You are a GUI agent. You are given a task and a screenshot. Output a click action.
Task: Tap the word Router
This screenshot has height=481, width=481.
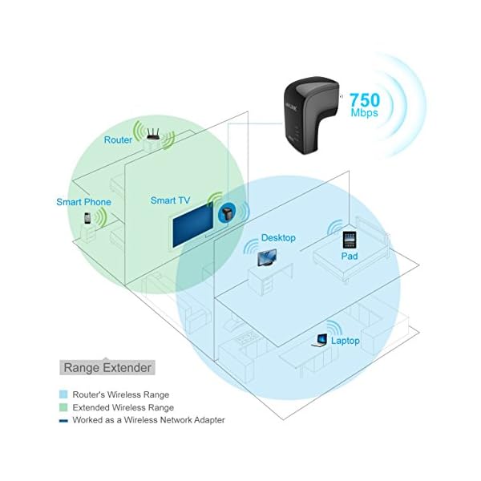pos(118,140)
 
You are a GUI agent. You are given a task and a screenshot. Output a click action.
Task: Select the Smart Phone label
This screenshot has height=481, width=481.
pos(83,203)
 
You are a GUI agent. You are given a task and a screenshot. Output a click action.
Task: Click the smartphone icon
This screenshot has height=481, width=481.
pos(87,219)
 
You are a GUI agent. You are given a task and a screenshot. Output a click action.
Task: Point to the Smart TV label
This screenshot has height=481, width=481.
pos(170,200)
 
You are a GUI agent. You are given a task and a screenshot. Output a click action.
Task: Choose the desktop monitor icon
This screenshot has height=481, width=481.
pos(265,258)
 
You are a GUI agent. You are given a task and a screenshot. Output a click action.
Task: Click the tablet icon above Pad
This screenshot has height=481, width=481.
pos(349,240)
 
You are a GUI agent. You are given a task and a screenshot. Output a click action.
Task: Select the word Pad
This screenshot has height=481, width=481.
pos(349,257)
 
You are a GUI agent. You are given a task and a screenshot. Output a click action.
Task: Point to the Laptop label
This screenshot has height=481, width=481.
pos(346,341)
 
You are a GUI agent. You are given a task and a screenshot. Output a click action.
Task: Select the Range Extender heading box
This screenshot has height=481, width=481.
pos(107,367)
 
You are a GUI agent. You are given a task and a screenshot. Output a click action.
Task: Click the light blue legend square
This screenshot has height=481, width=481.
pos(64,395)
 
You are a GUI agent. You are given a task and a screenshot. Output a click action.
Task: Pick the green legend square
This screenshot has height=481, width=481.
pos(64,407)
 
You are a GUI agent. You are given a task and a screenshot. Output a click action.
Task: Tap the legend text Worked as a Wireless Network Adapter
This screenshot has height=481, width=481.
pos(148,420)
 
